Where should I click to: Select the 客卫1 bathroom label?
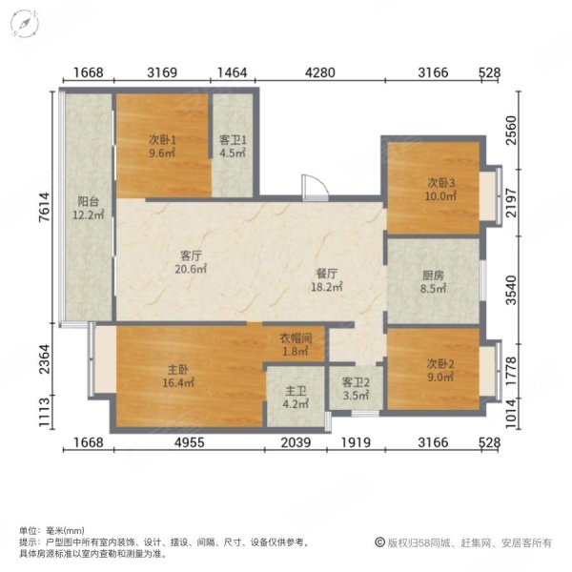[233, 139]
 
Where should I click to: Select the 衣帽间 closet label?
[295, 337]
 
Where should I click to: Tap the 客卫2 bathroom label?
[355, 382]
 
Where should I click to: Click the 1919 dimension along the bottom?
[355, 440]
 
